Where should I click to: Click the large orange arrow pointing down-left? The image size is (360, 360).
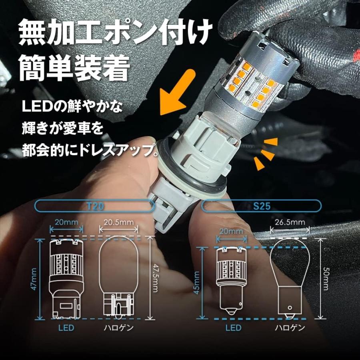176,94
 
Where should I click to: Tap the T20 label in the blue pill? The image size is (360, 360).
96,206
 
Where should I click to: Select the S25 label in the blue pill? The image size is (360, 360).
262,206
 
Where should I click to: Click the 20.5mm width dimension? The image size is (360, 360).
118,222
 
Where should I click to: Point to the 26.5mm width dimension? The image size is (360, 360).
290,222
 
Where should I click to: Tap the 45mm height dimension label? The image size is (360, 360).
197,283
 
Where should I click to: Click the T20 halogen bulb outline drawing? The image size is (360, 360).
118,277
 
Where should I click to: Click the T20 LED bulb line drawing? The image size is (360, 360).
66,279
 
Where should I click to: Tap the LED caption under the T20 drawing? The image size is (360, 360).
66,328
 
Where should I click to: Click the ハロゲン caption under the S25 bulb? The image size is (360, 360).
290,328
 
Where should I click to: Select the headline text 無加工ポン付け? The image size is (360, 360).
116,32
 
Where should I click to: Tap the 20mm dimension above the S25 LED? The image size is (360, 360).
231,231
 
